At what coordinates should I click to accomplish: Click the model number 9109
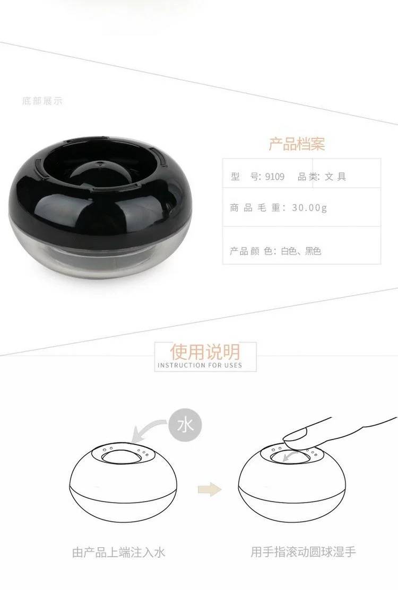(275, 177)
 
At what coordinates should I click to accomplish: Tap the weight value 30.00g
(309, 207)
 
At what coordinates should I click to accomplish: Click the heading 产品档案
(297, 144)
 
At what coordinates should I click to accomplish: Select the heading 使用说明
(205, 352)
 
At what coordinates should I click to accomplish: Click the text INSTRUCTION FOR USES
(200, 365)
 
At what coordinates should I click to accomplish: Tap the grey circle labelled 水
(185, 425)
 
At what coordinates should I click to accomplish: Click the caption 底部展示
(42, 101)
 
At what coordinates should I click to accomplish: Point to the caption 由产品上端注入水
(118, 552)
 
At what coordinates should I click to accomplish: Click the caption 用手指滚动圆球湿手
(303, 552)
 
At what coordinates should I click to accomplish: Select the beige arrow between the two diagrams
(210, 489)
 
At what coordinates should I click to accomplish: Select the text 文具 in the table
(335, 177)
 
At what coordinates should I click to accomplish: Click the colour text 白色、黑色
(301, 251)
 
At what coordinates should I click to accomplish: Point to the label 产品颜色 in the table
(250, 251)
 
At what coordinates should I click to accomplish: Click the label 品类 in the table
(307, 177)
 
